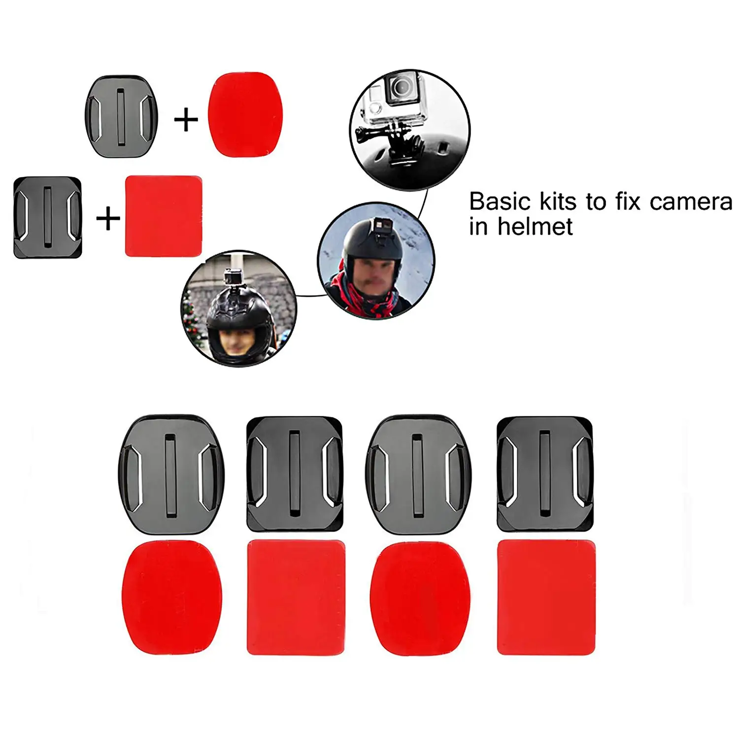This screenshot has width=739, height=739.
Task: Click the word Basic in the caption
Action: (x=500, y=202)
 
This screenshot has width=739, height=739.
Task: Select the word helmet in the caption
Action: (x=535, y=227)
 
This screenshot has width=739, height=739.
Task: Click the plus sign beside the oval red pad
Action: (x=186, y=120)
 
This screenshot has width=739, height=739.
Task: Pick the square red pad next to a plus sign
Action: (x=164, y=216)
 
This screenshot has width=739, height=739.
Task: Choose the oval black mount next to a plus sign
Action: (x=122, y=116)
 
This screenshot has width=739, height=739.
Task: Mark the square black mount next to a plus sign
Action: (x=47, y=217)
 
